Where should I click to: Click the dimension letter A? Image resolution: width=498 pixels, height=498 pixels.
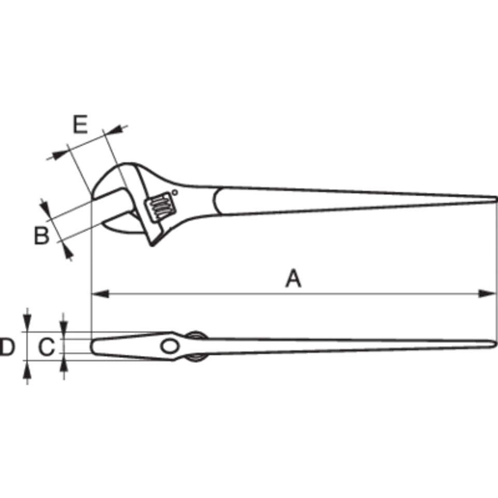[293, 279]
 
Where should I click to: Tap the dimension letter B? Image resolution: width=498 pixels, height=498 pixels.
[41, 236]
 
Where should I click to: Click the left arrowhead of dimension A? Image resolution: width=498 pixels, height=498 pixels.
[100, 294]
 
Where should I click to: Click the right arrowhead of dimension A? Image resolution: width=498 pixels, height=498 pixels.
[487, 294]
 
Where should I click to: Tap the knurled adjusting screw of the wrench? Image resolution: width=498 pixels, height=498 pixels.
[161, 206]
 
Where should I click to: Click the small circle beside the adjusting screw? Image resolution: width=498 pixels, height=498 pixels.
[175, 192]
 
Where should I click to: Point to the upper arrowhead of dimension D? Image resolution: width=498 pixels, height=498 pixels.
[27, 323]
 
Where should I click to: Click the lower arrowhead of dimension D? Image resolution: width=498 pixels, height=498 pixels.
[27, 369]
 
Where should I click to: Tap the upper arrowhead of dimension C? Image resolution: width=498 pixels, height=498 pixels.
[64, 330]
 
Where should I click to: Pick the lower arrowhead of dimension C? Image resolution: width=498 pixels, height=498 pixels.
[64, 362]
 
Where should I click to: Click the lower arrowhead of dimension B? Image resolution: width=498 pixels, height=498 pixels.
[67, 251]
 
